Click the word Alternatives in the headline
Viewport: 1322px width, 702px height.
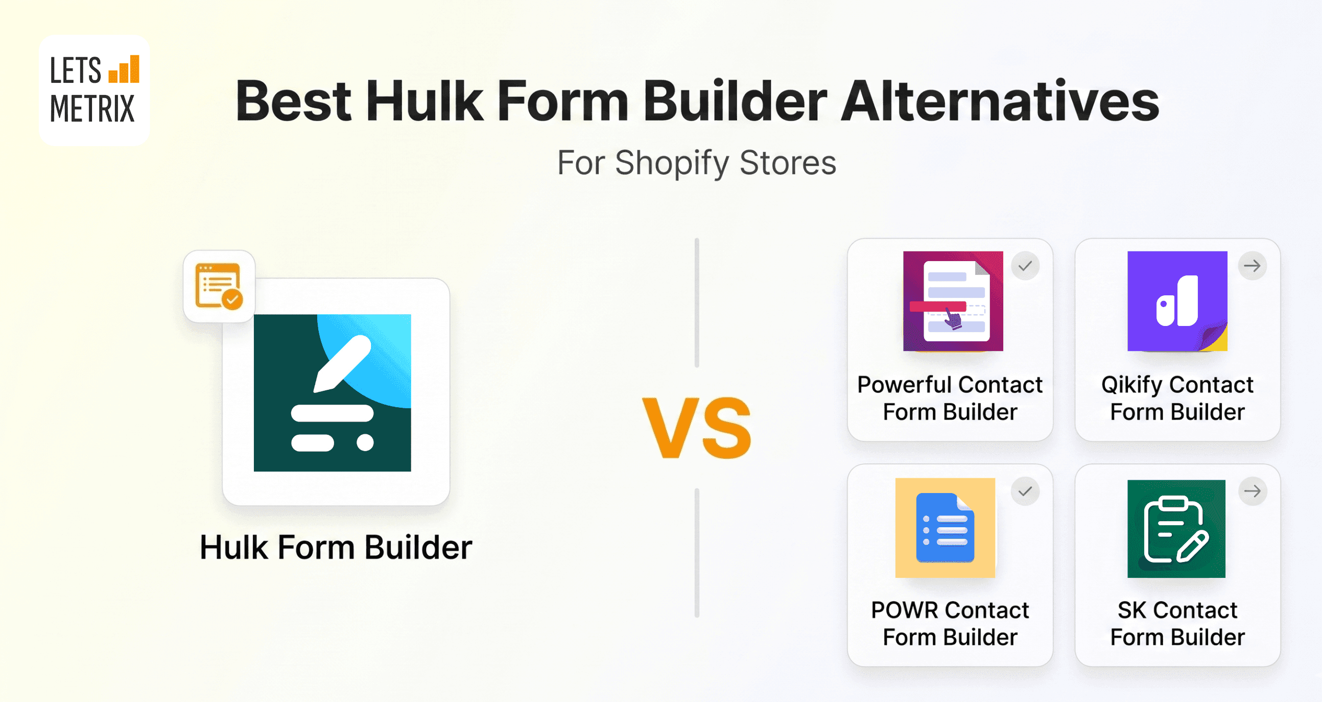999,101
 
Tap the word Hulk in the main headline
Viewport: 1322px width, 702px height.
424,101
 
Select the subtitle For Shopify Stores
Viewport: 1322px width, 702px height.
696,162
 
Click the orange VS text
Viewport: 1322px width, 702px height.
696,428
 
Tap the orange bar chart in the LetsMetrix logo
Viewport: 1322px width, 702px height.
124,70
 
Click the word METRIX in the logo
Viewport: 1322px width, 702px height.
92,109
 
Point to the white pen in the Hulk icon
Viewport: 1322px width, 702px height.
341,363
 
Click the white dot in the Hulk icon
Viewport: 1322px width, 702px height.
365,442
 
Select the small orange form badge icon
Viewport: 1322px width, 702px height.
219,286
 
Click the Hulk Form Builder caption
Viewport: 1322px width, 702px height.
336,547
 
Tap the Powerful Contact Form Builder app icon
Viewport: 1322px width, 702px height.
953,301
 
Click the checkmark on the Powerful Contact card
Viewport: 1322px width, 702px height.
1025,266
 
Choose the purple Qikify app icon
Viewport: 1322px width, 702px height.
1177,301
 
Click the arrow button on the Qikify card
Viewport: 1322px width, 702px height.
1252,266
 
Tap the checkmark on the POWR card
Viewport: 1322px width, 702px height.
1025,491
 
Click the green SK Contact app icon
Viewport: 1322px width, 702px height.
1176,529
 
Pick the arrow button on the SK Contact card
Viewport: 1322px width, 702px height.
1252,491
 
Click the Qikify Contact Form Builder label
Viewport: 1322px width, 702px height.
1177,398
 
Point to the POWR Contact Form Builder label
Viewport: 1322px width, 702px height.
950,623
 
